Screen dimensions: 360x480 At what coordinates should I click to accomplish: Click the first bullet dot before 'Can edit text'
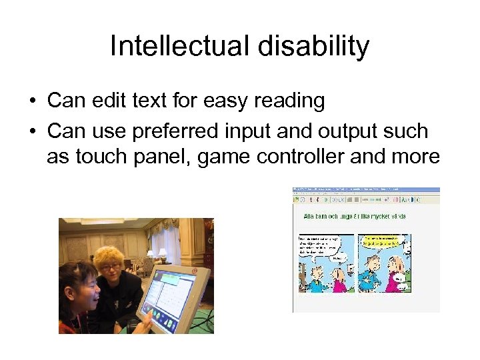32,101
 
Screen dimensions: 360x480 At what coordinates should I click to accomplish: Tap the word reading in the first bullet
288,101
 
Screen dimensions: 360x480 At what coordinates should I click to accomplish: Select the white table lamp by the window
161,253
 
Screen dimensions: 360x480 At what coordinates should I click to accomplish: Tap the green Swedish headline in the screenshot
354,216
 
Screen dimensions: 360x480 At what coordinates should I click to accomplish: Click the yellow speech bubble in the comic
379,241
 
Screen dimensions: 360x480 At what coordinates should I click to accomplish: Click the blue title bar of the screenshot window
366,190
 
